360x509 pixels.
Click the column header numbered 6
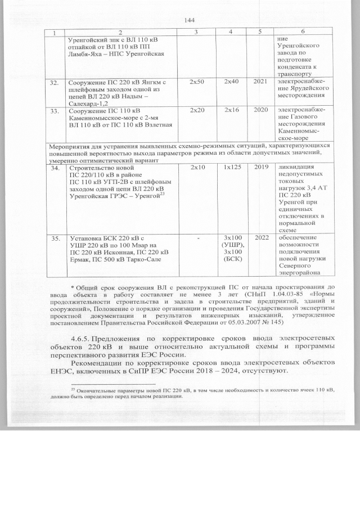coord(303,32)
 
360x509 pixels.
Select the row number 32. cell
coord(54,83)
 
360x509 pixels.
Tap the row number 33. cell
coord(54,110)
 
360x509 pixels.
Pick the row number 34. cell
coord(54,168)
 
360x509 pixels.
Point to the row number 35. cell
coord(54,238)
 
